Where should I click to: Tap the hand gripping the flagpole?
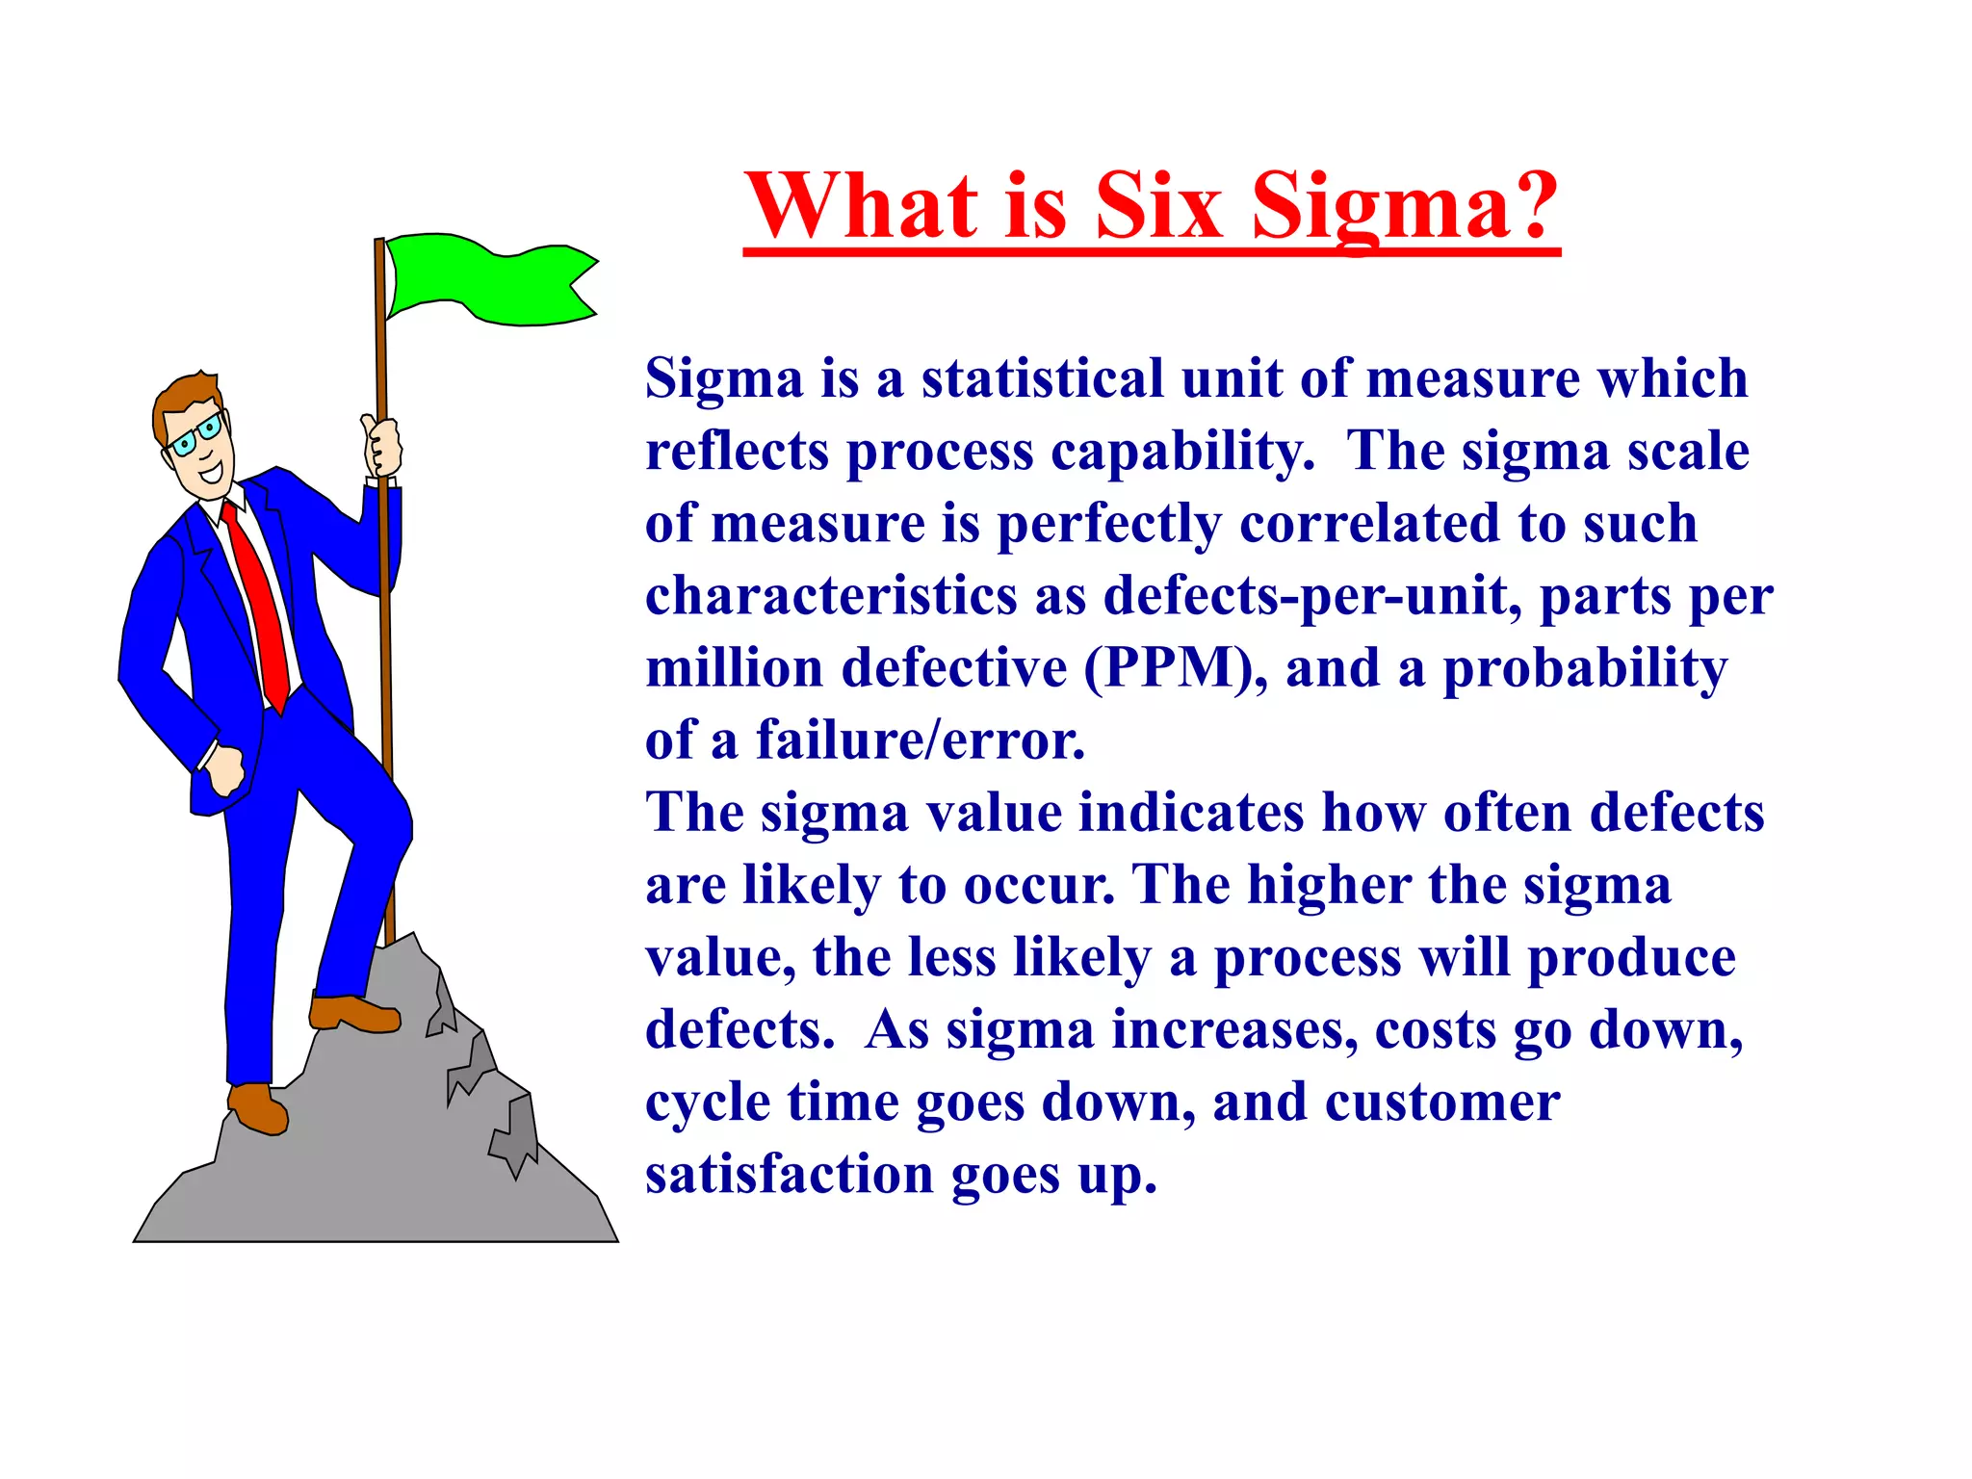point(382,447)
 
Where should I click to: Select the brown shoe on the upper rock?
point(353,1013)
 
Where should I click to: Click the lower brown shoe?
point(257,1107)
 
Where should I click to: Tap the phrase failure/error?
point(920,740)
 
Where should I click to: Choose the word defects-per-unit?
point(1312,596)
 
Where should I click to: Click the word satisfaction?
point(789,1175)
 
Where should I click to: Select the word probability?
point(1584,668)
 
